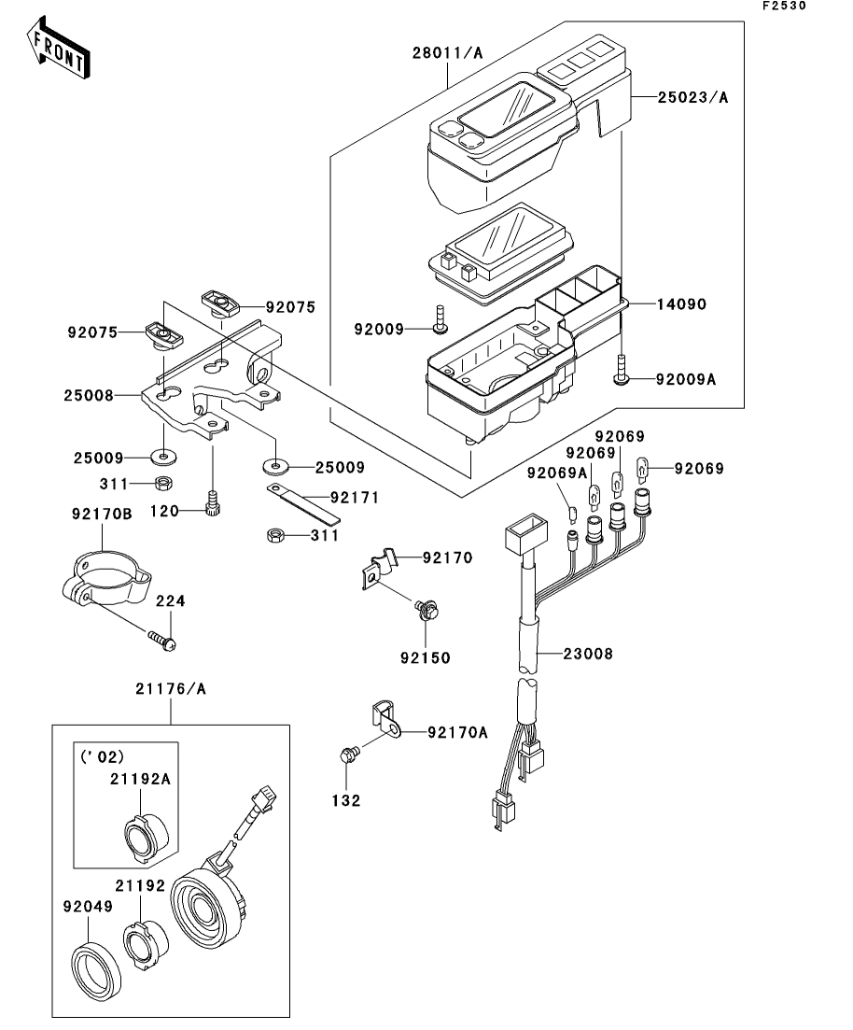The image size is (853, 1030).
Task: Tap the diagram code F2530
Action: click(x=784, y=6)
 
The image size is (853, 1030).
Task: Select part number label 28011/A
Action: click(x=447, y=52)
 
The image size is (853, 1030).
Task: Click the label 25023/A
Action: click(x=692, y=97)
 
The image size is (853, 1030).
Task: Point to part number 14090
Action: click(x=681, y=304)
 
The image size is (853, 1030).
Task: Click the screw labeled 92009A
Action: click(x=621, y=370)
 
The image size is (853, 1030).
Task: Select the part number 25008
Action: click(x=89, y=395)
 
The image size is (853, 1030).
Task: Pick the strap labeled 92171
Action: click(x=303, y=504)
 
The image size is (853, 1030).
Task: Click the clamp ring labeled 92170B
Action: click(x=105, y=579)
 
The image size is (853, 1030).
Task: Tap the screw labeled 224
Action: click(x=162, y=641)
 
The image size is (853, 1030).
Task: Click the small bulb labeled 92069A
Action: click(x=571, y=511)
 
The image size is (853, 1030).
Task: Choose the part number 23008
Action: click(x=588, y=654)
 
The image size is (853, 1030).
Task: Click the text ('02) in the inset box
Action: click(x=102, y=756)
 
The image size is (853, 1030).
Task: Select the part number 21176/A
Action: click(x=171, y=688)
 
